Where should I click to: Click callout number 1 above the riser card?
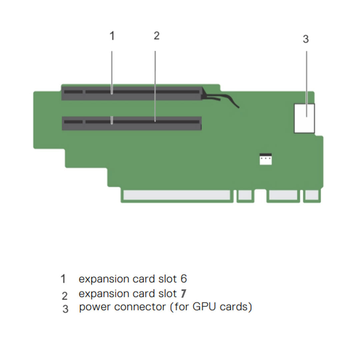click(x=112, y=36)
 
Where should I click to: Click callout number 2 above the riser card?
click(x=157, y=36)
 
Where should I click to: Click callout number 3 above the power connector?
click(x=306, y=39)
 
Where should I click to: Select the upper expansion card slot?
click(x=132, y=93)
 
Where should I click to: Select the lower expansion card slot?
click(x=132, y=123)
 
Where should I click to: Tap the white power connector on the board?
click(x=305, y=118)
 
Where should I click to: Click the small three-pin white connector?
click(x=266, y=159)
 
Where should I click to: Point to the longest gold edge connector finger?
click(x=177, y=195)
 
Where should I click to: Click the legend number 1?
click(x=63, y=279)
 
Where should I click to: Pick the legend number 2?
click(x=65, y=296)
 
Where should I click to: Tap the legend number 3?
click(x=65, y=309)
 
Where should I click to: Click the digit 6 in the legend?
click(x=183, y=279)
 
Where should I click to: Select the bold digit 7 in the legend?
click(x=183, y=294)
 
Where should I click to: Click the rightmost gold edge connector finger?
click(x=312, y=195)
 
